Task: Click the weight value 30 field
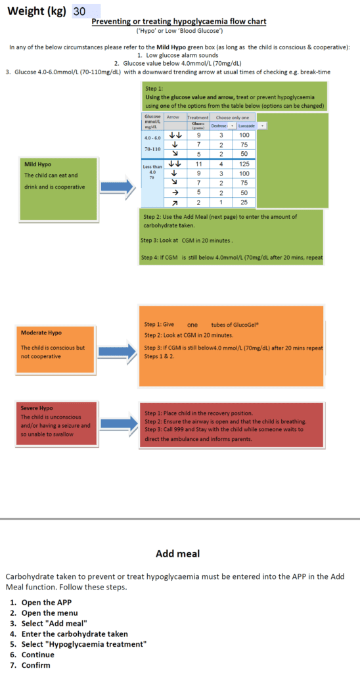click(x=86, y=11)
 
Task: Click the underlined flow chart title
click(x=179, y=22)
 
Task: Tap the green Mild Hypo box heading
click(x=37, y=164)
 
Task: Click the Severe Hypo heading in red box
click(x=37, y=407)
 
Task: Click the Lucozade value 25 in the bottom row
click(x=244, y=202)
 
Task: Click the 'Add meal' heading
click(x=177, y=553)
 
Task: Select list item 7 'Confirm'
click(x=35, y=665)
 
